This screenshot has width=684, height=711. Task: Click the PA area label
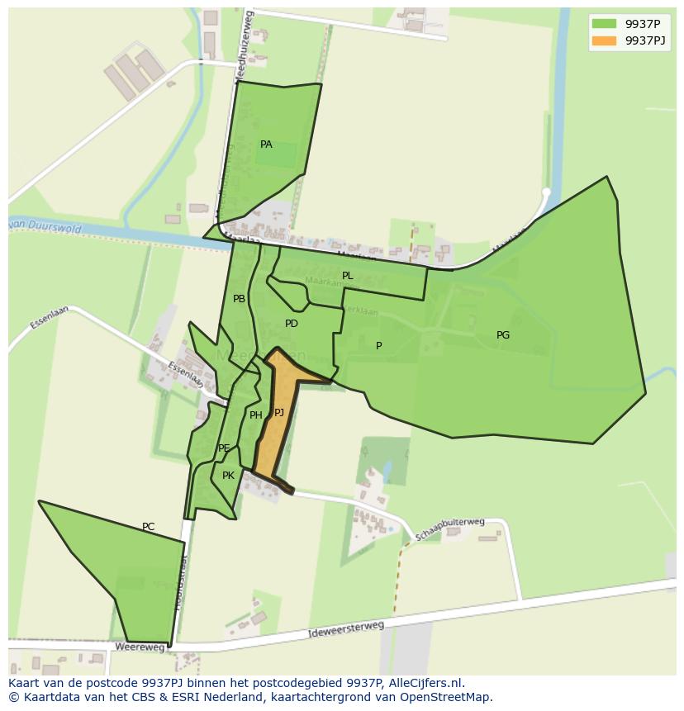(x=266, y=145)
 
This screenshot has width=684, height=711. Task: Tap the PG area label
(x=503, y=335)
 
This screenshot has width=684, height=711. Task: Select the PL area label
(x=347, y=276)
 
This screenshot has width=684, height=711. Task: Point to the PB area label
(x=239, y=299)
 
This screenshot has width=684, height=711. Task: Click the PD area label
(x=292, y=324)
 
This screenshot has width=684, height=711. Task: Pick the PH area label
(x=256, y=415)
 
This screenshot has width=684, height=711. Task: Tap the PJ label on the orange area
(x=279, y=412)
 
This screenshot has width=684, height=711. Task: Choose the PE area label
(x=224, y=448)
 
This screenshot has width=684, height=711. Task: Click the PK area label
(x=229, y=476)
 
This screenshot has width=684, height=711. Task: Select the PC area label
(x=148, y=527)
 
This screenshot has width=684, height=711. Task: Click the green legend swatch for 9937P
(x=604, y=24)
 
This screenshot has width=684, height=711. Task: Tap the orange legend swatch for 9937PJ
(x=604, y=40)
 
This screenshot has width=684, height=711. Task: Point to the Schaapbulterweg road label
(x=449, y=529)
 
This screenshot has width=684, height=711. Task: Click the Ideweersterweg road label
(x=346, y=629)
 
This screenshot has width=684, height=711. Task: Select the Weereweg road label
(x=135, y=647)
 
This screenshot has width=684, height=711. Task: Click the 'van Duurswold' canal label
(x=45, y=225)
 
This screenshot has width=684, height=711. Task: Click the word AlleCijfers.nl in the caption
(x=421, y=683)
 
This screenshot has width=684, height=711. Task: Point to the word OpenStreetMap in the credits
(x=449, y=697)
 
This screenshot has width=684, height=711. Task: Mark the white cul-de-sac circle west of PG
(x=546, y=192)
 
